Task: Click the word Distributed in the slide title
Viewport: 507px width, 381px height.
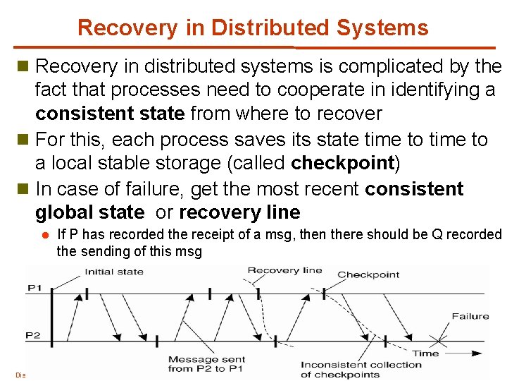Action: (270, 28)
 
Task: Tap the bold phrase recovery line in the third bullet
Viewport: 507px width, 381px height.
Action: (239, 212)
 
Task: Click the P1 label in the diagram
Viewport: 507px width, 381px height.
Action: (34, 287)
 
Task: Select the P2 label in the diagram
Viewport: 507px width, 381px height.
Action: (34, 334)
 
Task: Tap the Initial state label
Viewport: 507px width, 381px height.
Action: (114, 272)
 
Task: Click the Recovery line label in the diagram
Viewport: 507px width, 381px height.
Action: (284, 270)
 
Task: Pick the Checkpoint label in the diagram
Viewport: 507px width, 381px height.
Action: (368, 274)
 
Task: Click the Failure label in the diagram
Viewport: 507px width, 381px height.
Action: (470, 316)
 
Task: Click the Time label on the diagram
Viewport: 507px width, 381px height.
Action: (425, 353)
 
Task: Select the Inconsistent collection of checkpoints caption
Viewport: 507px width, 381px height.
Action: (361, 369)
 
